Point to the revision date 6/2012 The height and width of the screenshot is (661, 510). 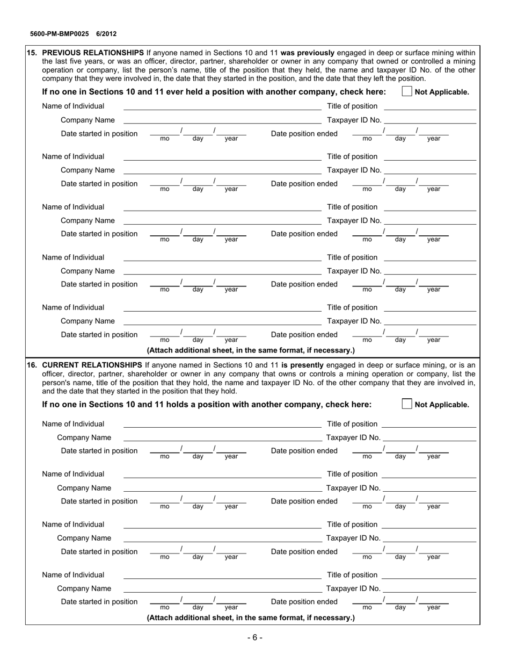(106, 34)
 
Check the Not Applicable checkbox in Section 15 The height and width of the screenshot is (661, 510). (406, 92)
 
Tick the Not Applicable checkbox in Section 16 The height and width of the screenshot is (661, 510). (406, 404)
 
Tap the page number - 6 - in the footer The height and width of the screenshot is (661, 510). (254, 638)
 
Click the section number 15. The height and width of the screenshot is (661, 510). (32, 53)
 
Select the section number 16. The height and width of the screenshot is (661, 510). (32, 365)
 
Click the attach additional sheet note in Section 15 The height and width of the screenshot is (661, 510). (251, 350)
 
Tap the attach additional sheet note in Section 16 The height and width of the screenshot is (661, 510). (251, 618)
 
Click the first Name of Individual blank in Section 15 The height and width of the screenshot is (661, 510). (222, 106)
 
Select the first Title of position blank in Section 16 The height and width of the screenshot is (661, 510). (428, 424)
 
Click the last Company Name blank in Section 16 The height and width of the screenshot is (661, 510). (222, 588)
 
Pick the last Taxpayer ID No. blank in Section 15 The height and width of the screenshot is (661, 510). (431, 321)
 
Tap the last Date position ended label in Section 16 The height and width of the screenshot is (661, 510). (304, 602)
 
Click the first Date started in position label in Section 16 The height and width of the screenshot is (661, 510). (99, 451)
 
